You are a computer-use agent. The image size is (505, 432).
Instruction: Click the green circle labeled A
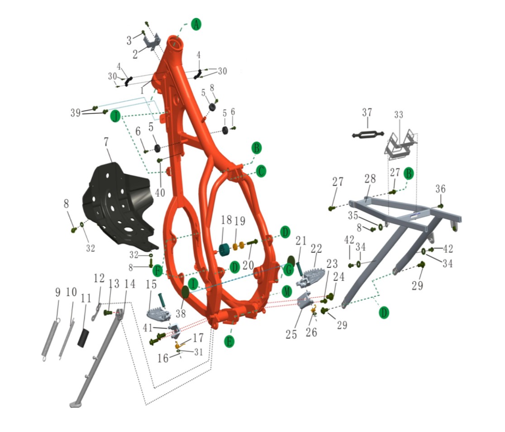[196, 24]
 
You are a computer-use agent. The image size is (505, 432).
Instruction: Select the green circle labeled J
[115, 116]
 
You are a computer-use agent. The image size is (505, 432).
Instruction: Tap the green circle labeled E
[229, 341]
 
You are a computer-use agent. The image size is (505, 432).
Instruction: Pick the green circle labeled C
[261, 171]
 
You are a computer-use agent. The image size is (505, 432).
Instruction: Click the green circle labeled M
[286, 292]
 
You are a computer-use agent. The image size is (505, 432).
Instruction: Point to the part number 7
[106, 141]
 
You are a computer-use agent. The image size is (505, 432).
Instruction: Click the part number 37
[367, 112]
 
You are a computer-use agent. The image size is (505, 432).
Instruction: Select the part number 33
[398, 114]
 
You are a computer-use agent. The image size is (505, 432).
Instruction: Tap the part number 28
[370, 179]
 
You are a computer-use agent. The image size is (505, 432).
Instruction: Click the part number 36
[440, 189]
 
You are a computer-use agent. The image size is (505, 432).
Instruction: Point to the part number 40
[160, 193]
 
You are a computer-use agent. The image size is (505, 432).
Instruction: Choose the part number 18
[226, 220]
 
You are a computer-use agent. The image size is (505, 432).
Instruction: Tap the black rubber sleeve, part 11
[83, 337]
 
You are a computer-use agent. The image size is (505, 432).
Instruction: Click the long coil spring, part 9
[51, 339]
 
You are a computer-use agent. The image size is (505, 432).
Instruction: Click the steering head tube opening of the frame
[176, 44]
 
